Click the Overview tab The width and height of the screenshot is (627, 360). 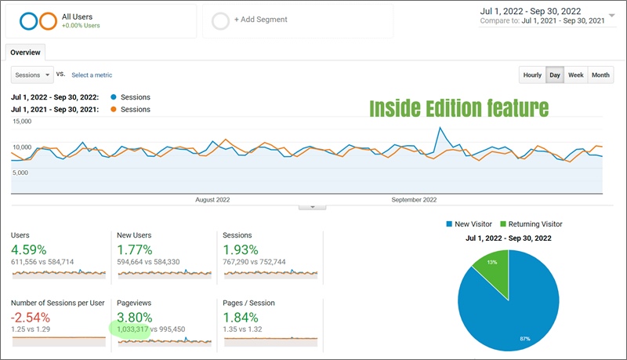point(25,53)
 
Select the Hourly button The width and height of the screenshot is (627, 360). point(532,75)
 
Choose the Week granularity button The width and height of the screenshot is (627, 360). point(576,75)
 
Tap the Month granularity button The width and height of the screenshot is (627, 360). point(600,75)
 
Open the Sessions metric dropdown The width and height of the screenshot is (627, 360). point(32,75)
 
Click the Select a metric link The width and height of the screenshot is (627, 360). point(92,75)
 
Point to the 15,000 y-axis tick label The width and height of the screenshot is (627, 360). point(22,122)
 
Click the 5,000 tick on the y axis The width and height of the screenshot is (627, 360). point(20,173)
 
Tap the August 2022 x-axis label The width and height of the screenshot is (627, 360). point(212,199)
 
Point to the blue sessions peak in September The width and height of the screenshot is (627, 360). point(440,128)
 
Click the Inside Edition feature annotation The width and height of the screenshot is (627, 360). point(458,108)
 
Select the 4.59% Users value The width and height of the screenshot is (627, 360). point(29,249)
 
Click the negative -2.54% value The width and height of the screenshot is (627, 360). point(31,318)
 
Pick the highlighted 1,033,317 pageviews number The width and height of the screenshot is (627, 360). point(132,329)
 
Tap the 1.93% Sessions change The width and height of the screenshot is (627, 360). point(241,249)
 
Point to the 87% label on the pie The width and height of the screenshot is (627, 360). point(524,339)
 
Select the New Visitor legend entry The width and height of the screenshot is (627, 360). point(469,224)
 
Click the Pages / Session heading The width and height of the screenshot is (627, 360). point(248,303)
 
